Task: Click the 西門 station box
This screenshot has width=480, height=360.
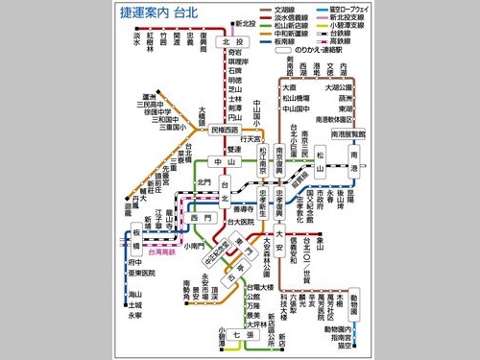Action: tap(200, 219)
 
